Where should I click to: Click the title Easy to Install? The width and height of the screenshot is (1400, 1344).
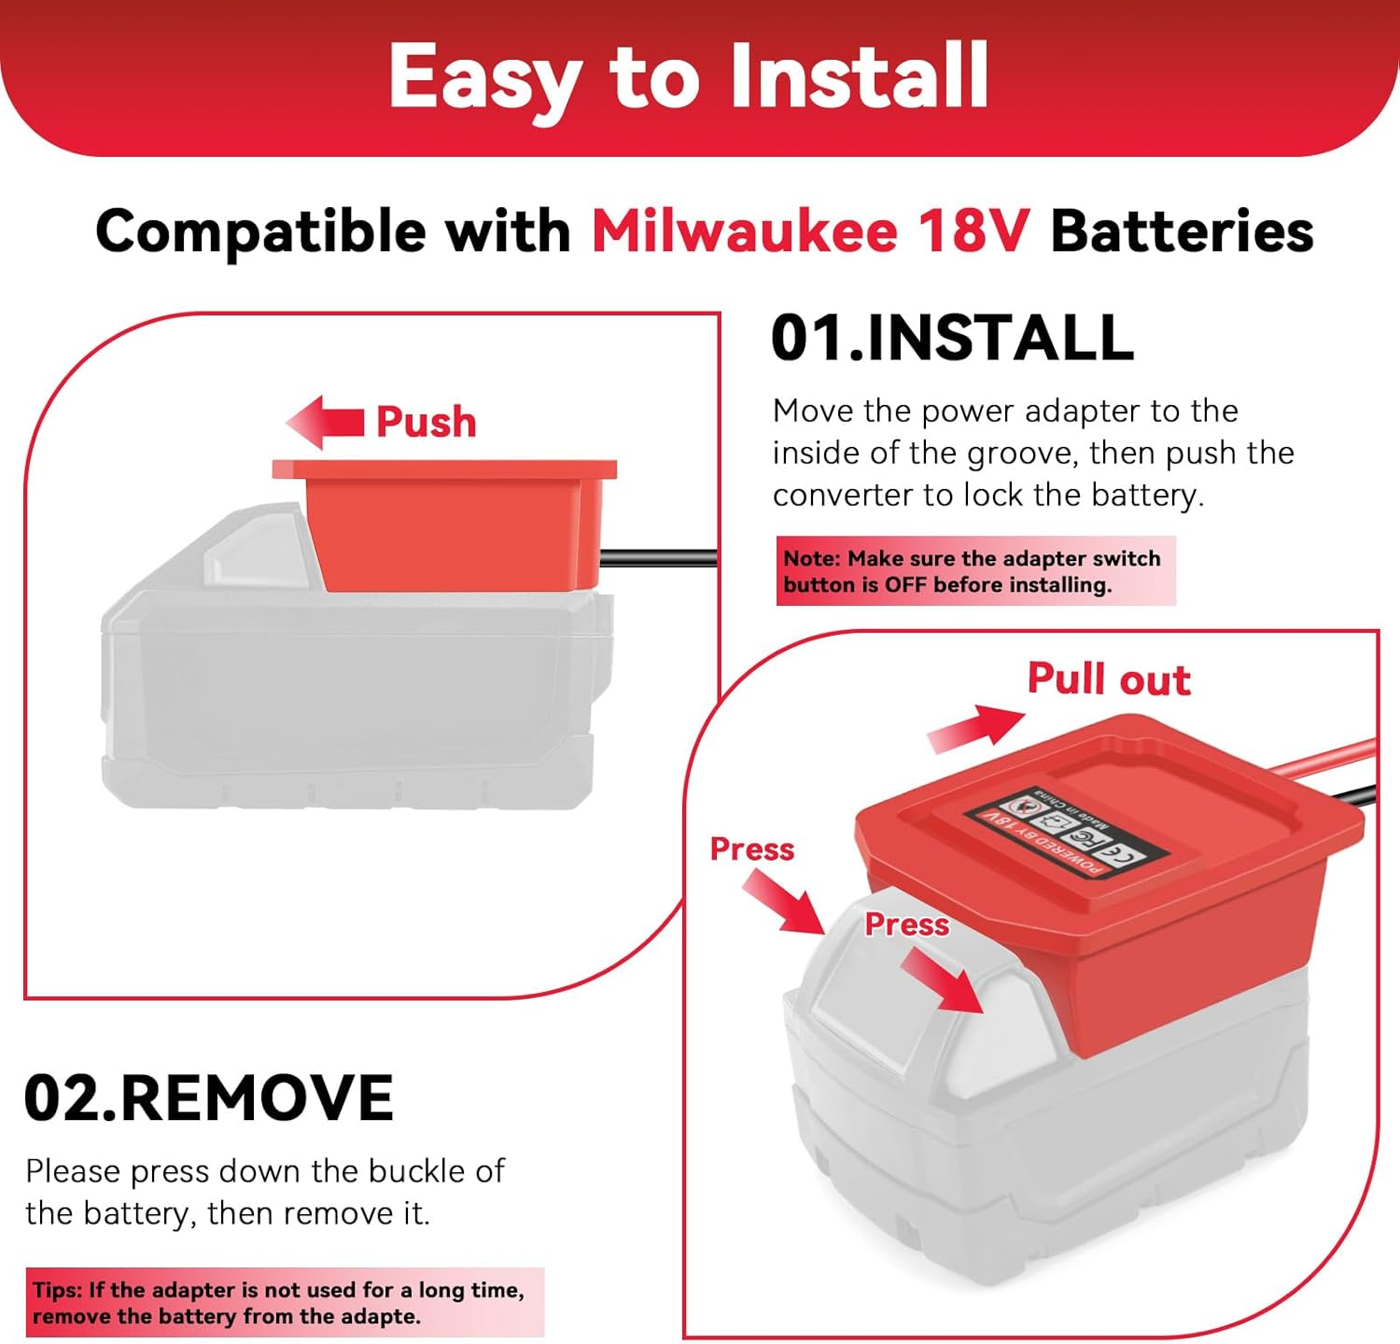tap(688, 77)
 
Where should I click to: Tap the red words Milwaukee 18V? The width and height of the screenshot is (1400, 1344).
tap(810, 231)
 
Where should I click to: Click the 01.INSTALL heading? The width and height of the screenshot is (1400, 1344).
tap(952, 337)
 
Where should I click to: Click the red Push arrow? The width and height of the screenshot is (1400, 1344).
tap(324, 422)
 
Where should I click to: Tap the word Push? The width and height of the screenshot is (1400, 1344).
tap(426, 422)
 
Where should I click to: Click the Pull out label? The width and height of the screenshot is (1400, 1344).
tap(1109, 679)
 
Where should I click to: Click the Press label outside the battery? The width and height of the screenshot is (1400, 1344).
tap(751, 849)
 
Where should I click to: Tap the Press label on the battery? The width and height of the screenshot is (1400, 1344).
tap(906, 924)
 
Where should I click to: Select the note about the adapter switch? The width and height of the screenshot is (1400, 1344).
tap(975, 571)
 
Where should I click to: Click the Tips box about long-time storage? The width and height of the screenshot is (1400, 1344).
tap(285, 1303)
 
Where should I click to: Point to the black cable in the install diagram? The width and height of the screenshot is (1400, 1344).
tap(658, 558)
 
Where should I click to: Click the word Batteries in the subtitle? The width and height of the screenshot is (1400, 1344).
tap(1183, 231)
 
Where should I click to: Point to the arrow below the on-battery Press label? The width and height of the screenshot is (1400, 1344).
tap(943, 980)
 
